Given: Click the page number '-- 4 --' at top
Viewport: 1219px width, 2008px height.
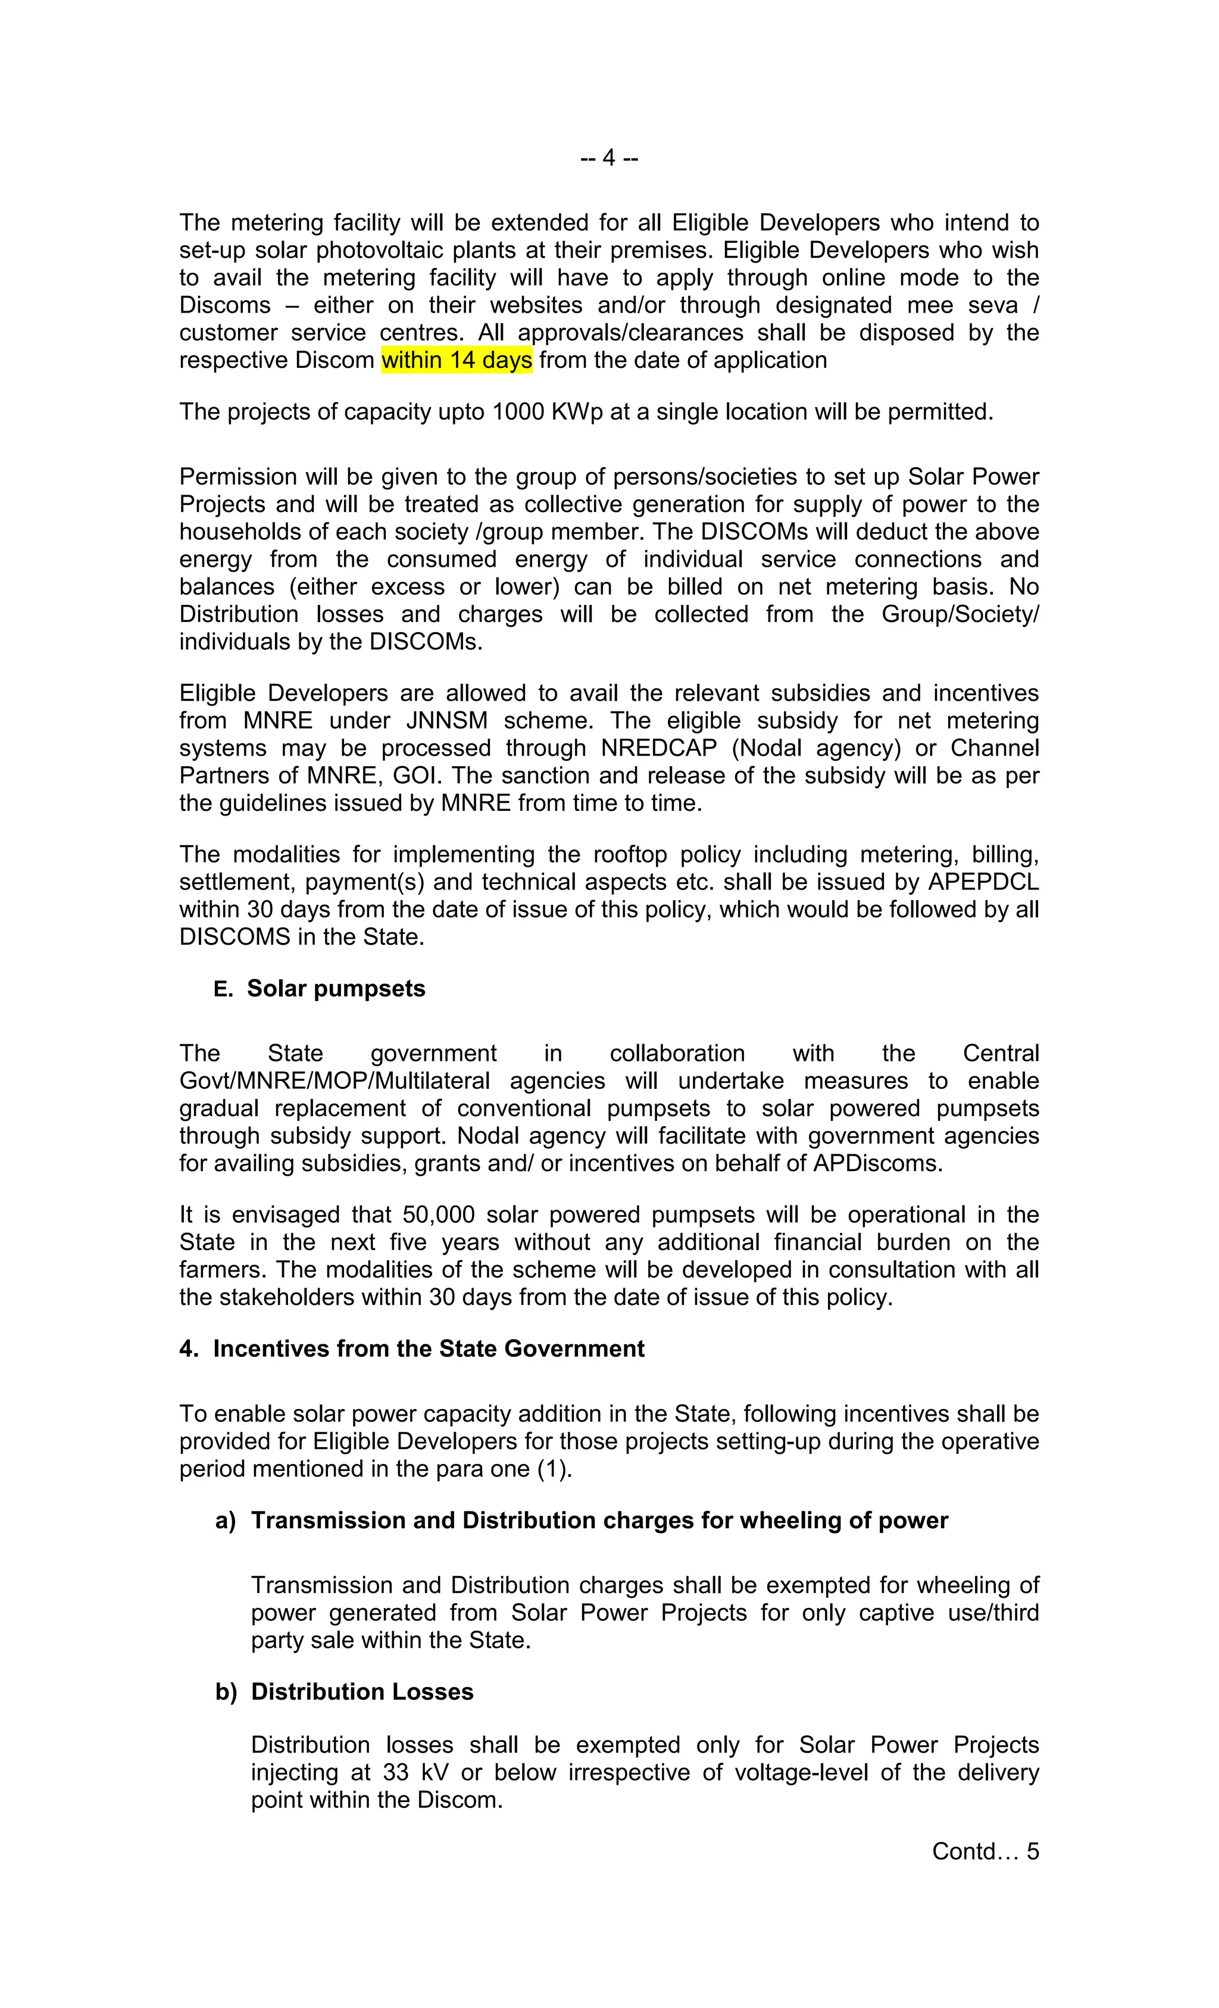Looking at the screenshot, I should [609, 157].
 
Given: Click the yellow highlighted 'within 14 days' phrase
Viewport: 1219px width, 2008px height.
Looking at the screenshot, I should [457, 360].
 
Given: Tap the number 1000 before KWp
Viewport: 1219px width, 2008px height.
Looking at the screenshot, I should [518, 411].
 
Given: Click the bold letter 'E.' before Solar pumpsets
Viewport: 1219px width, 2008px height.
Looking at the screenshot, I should [223, 989].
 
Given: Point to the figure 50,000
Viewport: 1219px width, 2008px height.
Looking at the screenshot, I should [439, 1215].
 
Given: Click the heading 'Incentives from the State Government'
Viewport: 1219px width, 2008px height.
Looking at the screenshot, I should [428, 1349].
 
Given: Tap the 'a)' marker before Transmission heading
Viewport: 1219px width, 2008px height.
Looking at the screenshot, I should [225, 1520].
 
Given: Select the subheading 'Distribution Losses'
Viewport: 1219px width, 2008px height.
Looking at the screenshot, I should [362, 1692].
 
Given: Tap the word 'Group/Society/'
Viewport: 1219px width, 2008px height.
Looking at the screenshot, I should [960, 614].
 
